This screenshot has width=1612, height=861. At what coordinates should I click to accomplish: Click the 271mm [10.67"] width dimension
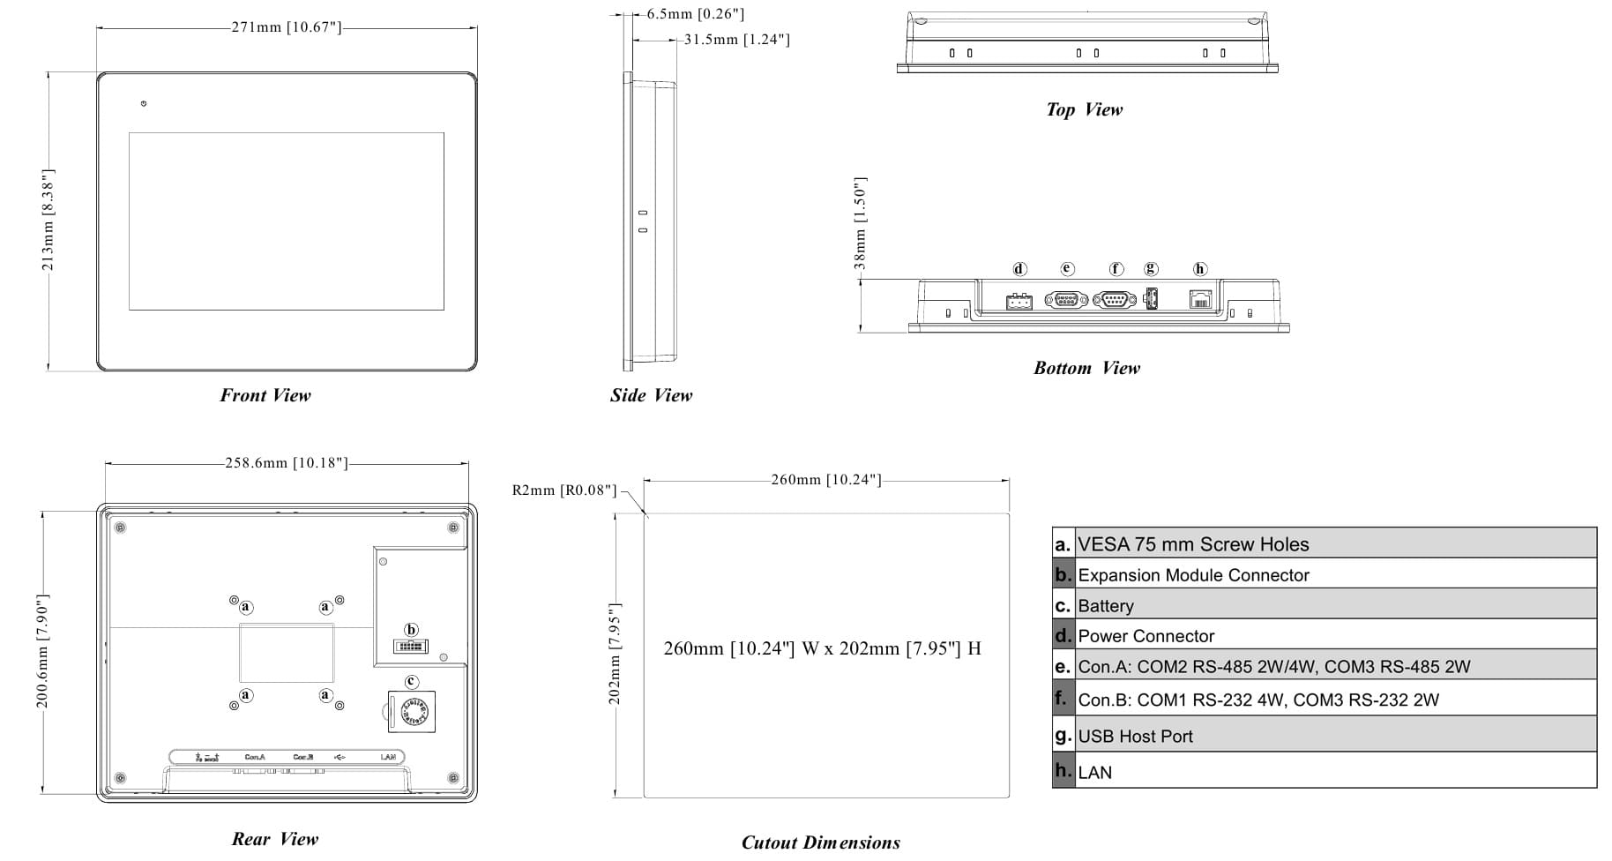tap(286, 27)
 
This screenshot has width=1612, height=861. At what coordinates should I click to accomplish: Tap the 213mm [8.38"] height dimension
tap(49, 221)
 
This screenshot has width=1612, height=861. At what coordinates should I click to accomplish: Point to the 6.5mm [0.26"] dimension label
tap(695, 14)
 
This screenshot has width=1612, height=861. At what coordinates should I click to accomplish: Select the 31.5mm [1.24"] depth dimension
tap(736, 40)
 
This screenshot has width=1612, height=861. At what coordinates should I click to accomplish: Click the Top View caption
tap(1084, 109)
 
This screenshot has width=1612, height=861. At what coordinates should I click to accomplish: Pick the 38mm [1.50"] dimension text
tap(861, 223)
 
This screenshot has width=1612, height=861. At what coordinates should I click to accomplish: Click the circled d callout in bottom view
tap(1019, 269)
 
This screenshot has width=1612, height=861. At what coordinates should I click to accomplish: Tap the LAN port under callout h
tap(1200, 299)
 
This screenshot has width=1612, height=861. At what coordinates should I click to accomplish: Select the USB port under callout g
tap(1150, 299)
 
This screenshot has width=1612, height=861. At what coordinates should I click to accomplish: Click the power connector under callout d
tap(1019, 302)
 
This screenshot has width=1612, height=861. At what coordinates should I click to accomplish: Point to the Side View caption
tap(651, 395)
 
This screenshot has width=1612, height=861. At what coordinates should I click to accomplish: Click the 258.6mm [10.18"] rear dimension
tap(286, 463)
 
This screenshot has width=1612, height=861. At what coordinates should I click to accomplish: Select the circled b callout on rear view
tap(411, 630)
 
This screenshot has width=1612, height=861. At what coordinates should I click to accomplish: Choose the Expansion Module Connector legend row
tap(1193, 575)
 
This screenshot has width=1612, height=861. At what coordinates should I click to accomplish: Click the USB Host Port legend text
tap(1135, 737)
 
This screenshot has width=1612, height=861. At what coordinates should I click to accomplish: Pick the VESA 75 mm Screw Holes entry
tap(1193, 544)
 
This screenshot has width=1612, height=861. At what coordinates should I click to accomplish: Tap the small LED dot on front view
tap(144, 104)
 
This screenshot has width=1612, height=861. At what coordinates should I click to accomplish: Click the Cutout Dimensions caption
tap(820, 842)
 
